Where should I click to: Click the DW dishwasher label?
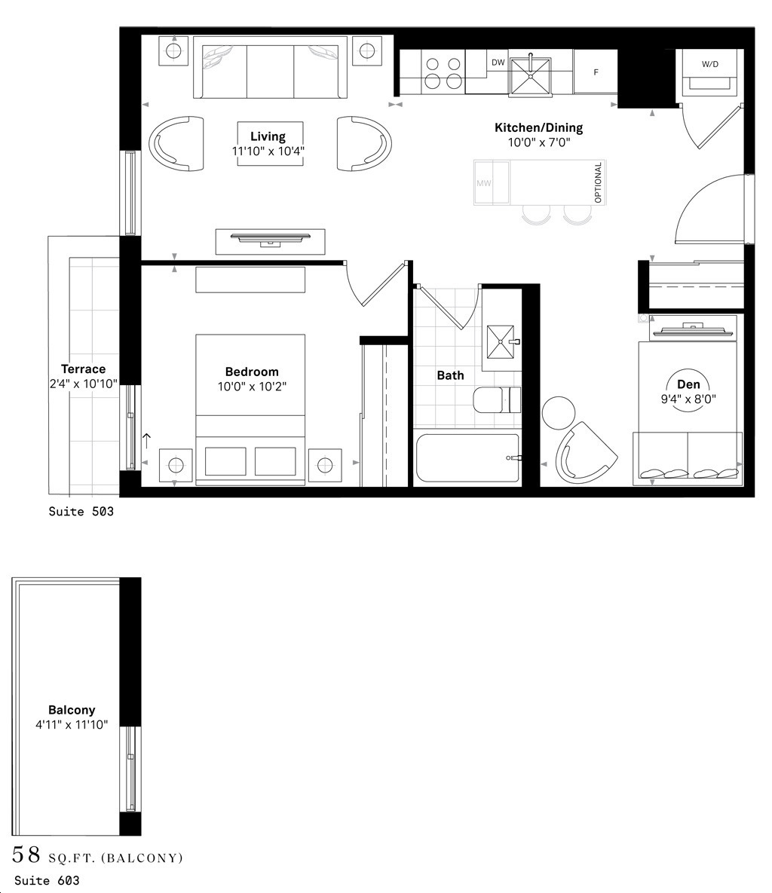pos(498,63)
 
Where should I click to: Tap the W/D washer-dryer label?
pos(709,65)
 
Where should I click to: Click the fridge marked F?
pos(596,72)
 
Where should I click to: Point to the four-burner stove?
pos(443,73)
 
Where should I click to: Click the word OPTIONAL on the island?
pos(599,182)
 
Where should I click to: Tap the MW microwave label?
pos(483,183)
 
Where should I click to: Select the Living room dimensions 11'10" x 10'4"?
pos(268,151)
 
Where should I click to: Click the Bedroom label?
pos(252,372)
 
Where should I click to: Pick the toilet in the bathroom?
pos(497,399)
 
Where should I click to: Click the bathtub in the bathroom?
pos(467,457)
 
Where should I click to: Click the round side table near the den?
pos(559,413)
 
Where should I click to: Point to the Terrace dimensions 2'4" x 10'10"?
pos(83,383)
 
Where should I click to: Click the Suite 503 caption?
pos(81,512)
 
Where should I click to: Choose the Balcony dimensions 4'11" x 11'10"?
pos(72,724)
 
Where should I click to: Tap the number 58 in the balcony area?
pos(26,855)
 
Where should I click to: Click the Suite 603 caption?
pos(47,880)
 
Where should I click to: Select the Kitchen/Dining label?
pos(538,127)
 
